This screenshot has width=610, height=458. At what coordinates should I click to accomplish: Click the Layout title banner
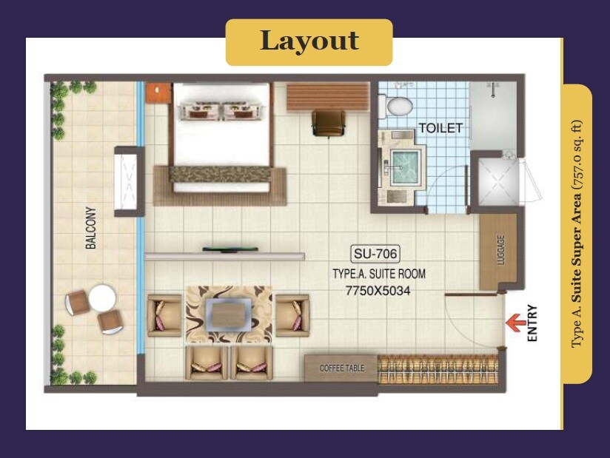coord(309,41)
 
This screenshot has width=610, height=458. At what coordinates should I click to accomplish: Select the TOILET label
coord(440,128)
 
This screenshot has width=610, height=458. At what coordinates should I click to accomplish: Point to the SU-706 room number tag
coord(375,255)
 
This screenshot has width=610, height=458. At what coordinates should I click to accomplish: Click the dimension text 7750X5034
coord(378,291)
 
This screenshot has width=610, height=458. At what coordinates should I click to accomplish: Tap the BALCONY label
coord(91,227)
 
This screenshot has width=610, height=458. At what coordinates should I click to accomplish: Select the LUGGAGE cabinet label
coord(500,252)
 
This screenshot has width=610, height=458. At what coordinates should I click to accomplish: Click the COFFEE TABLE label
coord(341,368)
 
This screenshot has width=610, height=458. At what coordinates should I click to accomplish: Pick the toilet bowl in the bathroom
coord(398,104)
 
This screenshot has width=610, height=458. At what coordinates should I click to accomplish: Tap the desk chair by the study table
coord(328,123)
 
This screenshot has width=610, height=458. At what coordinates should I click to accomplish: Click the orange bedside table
coord(157,92)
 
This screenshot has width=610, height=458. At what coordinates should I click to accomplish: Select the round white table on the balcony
coord(102,300)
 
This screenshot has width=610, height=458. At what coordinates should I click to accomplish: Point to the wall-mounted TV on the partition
coord(225,250)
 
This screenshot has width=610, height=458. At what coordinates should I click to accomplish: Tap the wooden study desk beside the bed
coord(327,96)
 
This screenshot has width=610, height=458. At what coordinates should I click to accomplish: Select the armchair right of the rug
coord(292,314)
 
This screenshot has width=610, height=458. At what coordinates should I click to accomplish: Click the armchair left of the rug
coord(164,314)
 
